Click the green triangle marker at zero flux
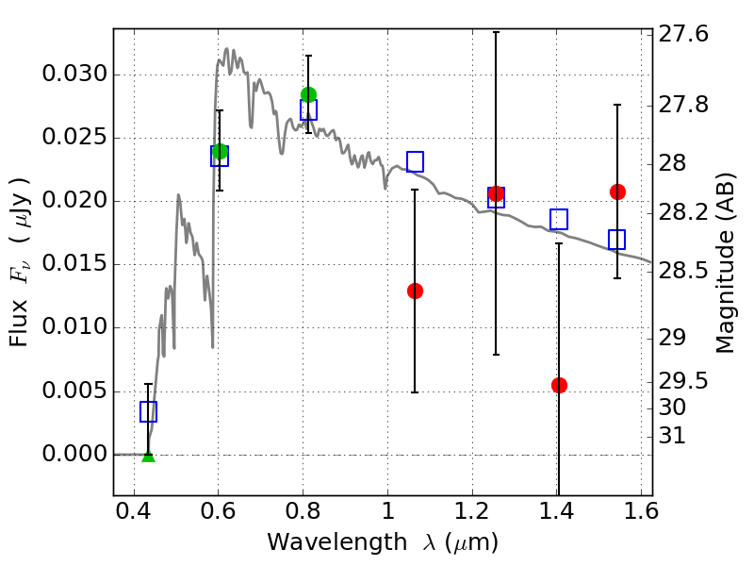(x=149, y=457)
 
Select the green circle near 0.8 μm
(x=309, y=94)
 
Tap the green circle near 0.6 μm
(x=220, y=151)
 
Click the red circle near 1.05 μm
(x=415, y=291)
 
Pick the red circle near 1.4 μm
(x=559, y=385)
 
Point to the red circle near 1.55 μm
(x=618, y=192)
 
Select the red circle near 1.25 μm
(x=497, y=194)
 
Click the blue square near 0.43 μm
(x=148, y=411)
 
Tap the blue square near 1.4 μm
(x=559, y=220)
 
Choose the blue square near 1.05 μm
(x=415, y=161)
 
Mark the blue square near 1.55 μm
(x=617, y=240)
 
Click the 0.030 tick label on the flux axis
(x=74, y=75)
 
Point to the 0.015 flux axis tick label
(x=74, y=264)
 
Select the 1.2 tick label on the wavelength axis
(x=472, y=511)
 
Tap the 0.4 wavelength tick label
(x=134, y=511)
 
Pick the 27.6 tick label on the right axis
(x=683, y=35)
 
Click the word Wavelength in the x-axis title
(x=337, y=542)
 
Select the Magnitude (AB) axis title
(x=726, y=263)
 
